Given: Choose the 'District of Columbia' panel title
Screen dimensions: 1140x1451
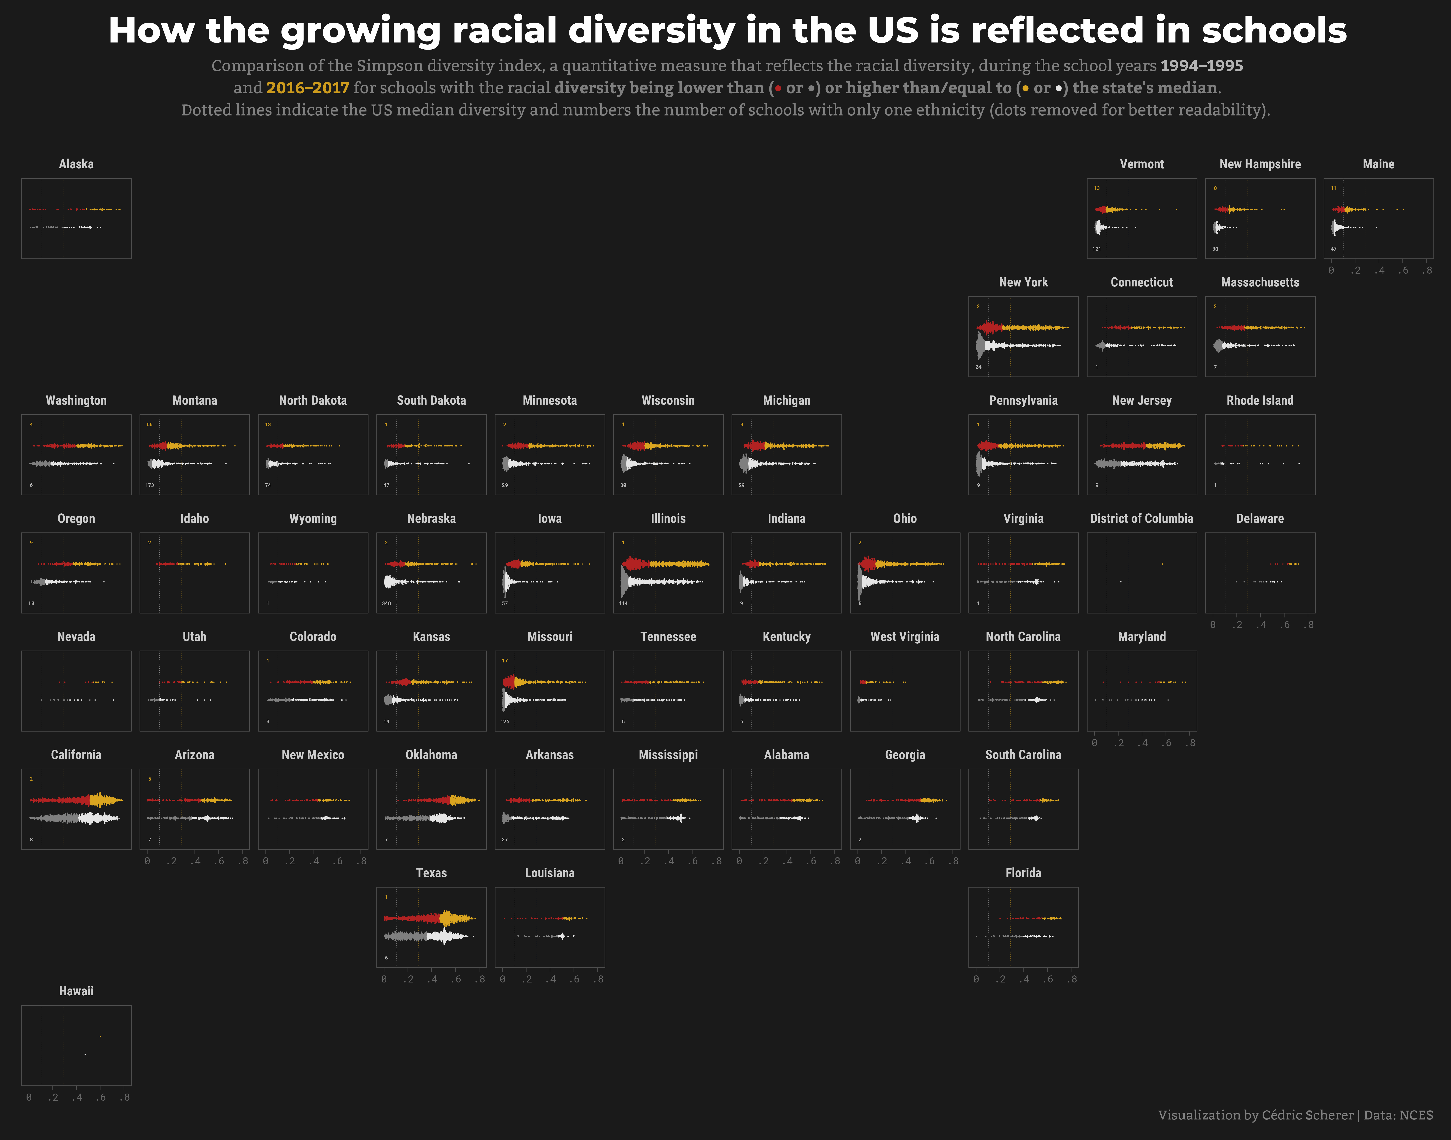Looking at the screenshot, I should click(1141, 519).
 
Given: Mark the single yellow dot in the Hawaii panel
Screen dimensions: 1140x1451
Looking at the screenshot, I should click(100, 1037).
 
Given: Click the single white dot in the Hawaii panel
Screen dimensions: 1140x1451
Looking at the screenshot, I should click(85, 1055).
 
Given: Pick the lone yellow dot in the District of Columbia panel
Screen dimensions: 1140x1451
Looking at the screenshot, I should click(1162, 564).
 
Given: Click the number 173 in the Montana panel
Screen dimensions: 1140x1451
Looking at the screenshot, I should click(149, 485).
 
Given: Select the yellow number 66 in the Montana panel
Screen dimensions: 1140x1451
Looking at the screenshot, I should click(149, 424).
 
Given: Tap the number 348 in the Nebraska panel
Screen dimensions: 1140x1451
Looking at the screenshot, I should click(386, 603).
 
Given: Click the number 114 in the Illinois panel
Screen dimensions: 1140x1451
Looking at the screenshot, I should click(623, 603).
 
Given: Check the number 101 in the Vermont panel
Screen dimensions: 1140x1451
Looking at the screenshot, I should click(1097, 249).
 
